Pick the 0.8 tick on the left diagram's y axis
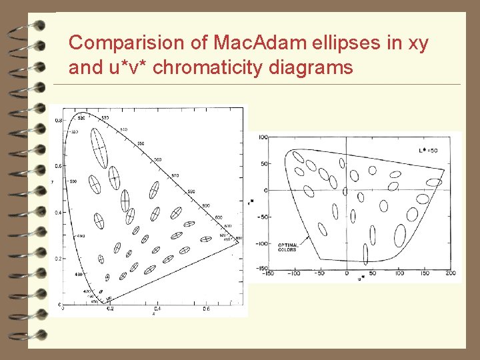tap(57, 121)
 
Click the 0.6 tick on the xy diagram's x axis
tap(207, 309)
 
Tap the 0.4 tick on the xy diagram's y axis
tap(57, 213)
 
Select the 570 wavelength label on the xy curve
tap(175, 175)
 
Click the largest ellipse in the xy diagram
tap(99, 147)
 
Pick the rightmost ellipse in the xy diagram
tap(206, 239)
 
